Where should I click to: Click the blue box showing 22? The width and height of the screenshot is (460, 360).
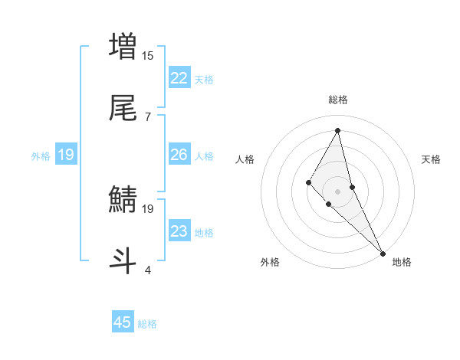[179, 77]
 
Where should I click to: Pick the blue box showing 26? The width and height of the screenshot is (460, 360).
[179, 155]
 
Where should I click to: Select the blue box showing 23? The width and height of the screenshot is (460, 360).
[179, 231]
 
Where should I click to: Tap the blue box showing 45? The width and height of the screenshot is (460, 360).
[123, 322]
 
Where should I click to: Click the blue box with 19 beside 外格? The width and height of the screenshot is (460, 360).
[66, 155]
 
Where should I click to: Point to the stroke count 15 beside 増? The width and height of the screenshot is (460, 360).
[148, 55]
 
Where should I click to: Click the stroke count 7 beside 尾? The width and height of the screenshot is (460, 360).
[148, 116]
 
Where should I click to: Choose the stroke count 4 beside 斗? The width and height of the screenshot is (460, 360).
[148, 270]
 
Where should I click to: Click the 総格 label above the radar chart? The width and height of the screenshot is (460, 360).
[338, 100]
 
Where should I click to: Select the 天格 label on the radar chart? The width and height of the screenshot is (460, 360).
[432, 159]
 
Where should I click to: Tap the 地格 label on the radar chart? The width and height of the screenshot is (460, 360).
[402, 262]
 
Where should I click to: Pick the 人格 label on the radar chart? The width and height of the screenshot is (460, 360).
[245, 159]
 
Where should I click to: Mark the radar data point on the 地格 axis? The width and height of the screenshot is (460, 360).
[383, 252]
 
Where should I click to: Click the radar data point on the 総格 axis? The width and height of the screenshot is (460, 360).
[338, 130]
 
